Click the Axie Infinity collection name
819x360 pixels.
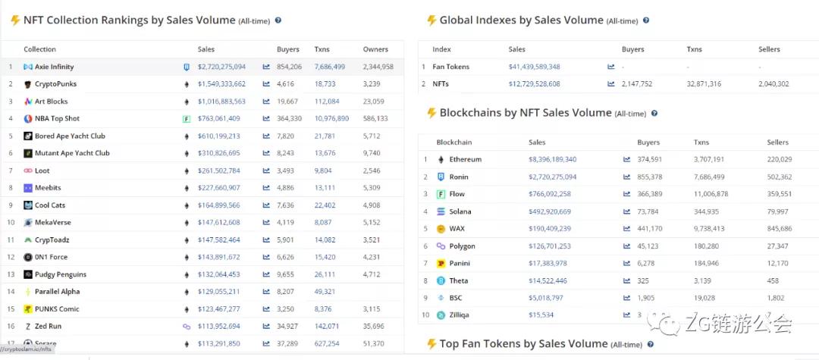click(54, 67)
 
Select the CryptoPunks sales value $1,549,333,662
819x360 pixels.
click(221, 84)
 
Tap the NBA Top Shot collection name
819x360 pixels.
click(57, 119)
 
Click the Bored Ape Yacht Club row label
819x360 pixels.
click(70, 136)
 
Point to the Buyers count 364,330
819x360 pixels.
click(289, 119)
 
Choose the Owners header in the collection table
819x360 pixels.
click(375, 49)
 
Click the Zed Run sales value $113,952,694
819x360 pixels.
click(218, 327)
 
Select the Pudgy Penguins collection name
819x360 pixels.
click(60, 274)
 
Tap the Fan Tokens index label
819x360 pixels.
click(450, 67)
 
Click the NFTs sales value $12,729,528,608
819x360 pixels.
click(534, 84)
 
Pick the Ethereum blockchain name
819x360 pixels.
click(465, 160)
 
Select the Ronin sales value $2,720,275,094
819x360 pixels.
click(552, 177)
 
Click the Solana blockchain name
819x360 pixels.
click(460, 211)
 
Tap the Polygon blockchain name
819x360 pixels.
click(462, 246)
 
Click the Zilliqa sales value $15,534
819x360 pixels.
click(541, 315)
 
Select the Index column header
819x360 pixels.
click(441, 49)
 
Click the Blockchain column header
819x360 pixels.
click(453, 142)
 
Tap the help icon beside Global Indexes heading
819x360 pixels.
click(646, 20)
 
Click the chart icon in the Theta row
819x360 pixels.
click(626, 280)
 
